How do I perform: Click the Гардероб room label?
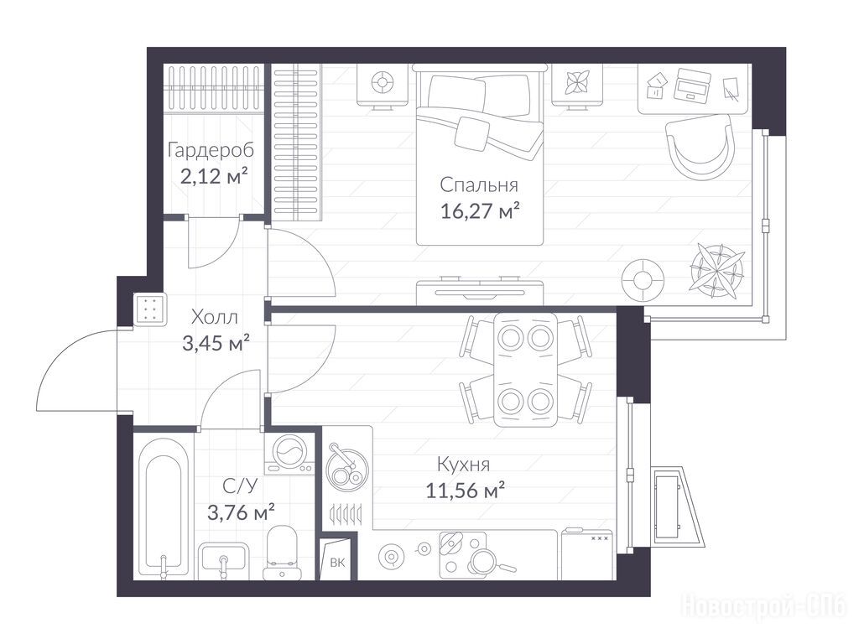(x=211, y=151)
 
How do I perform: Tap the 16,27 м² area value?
(x=480, y=210)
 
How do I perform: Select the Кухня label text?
(x=463, y=465)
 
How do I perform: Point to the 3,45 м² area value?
(x=216, y=344)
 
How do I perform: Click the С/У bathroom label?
(x=240, y=486)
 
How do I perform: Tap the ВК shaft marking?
(x=337, y=563)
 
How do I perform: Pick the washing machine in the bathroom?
(x=289, y=454)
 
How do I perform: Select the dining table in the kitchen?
(x=526, y=369)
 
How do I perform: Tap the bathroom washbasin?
(x=223, y=559)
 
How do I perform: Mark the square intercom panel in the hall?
(x=149, y=309)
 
